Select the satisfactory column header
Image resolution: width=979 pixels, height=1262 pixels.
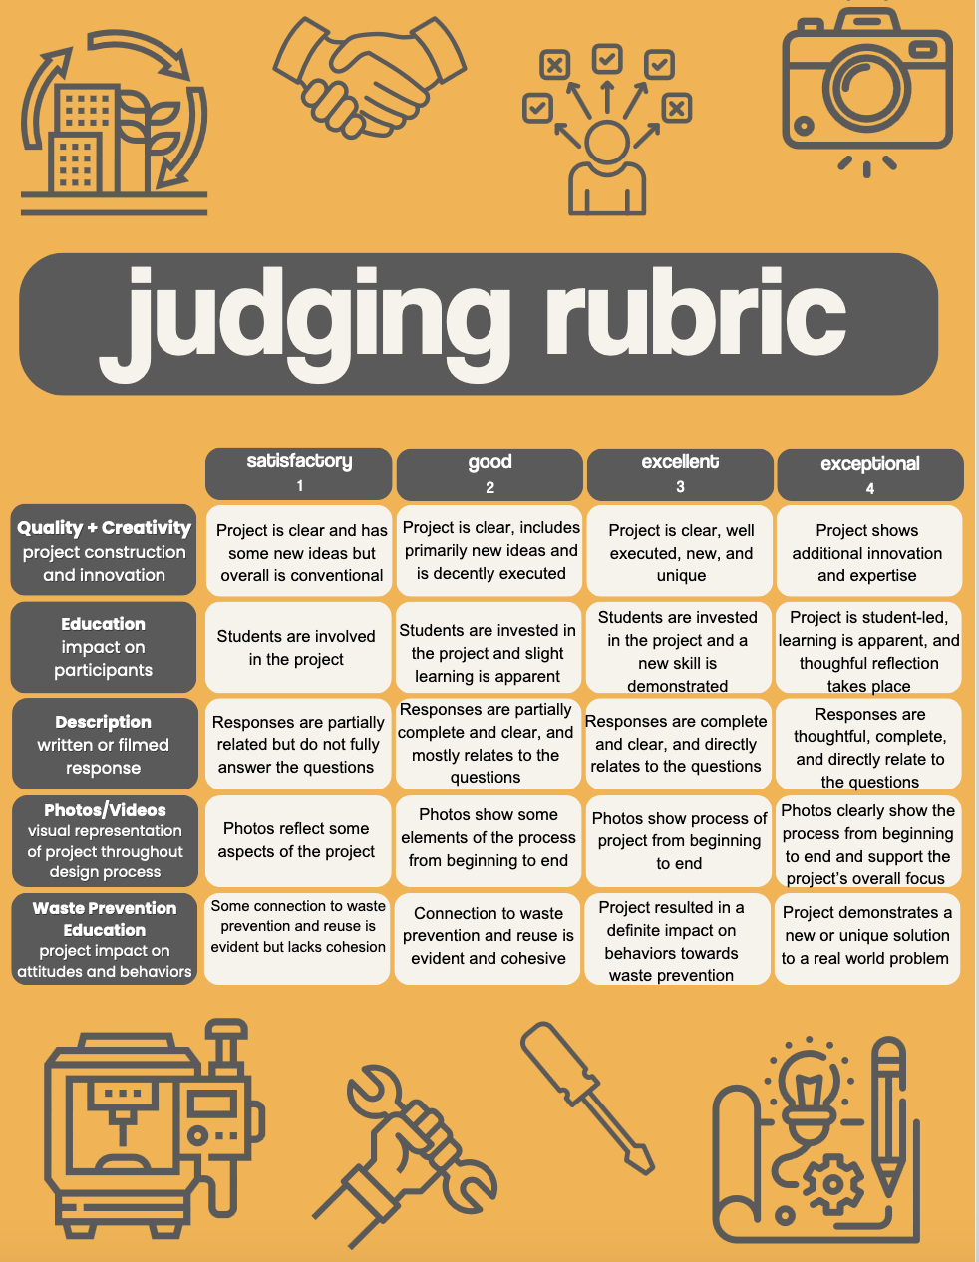coord(299,473)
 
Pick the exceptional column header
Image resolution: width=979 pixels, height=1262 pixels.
coord(870,474)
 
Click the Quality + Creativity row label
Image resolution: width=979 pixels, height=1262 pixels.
coord(104,551)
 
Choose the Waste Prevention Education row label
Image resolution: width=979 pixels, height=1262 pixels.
coord(104,939)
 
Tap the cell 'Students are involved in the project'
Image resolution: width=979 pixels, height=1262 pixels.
coord(297,648)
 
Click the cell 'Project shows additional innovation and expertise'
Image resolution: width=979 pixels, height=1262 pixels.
coord(867,552)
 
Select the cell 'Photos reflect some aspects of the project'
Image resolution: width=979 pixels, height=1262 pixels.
coord(297,840)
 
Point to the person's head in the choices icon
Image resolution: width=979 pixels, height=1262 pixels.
coord(606,142)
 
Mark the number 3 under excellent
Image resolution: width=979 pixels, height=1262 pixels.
coord(680,487)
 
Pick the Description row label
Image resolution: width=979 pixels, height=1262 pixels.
coord(104,745)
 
